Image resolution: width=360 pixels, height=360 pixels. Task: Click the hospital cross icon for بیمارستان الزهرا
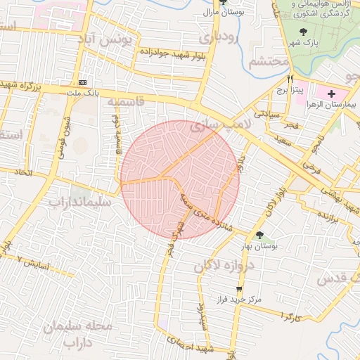pyautogui.click(x=332, y=93)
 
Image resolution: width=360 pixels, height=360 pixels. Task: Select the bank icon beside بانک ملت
pyautogui.click(x=84, y=82)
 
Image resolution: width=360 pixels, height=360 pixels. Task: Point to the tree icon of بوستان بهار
pyautogui.click(x=260, y=235)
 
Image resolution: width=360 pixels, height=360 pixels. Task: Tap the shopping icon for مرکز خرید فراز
pyautogui.click(x=239, y=288)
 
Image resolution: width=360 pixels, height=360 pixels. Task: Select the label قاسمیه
pyautogui.click(x=125, y=103)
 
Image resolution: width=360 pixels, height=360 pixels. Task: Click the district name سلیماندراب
pyautogui.click(x=79, y=202)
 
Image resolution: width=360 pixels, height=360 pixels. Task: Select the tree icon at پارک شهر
pyautogui.click(x=303, y=32)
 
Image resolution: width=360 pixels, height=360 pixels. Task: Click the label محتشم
pyautogui.click(x=269, y=62)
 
